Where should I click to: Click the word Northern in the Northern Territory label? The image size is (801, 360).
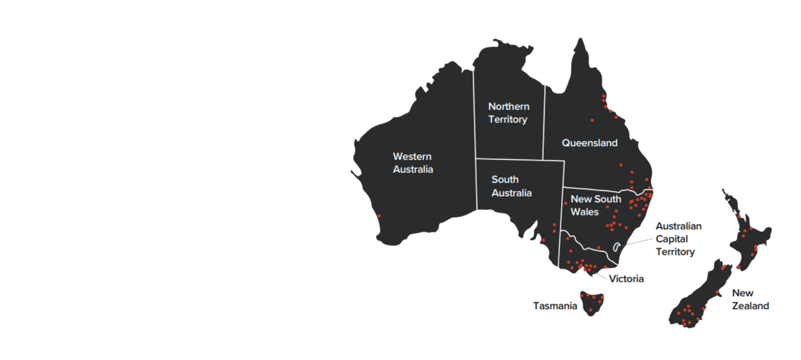pos(508,107)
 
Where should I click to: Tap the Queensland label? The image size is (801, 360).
pos(590,143)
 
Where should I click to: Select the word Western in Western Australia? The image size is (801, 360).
pos(412,156)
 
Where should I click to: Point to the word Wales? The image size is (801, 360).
pos(584,212)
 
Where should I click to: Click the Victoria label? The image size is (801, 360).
pos(626,279)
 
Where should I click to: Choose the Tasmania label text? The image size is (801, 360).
pos(555,306)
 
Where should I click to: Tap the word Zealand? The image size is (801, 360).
pos(750,306)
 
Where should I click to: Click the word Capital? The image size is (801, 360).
pos(672,239)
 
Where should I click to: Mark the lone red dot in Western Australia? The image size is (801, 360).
pos(379,216)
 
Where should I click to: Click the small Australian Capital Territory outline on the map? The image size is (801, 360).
pos(617,247)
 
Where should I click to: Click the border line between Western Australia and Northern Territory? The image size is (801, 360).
pos(474,129)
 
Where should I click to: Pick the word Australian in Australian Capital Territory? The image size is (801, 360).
pos(678,226)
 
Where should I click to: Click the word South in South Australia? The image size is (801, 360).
pos(505,180)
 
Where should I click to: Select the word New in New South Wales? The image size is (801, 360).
pos(578,199)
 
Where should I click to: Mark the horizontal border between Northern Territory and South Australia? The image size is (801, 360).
pos(509,159)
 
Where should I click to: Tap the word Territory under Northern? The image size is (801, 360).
pos(508,120)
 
